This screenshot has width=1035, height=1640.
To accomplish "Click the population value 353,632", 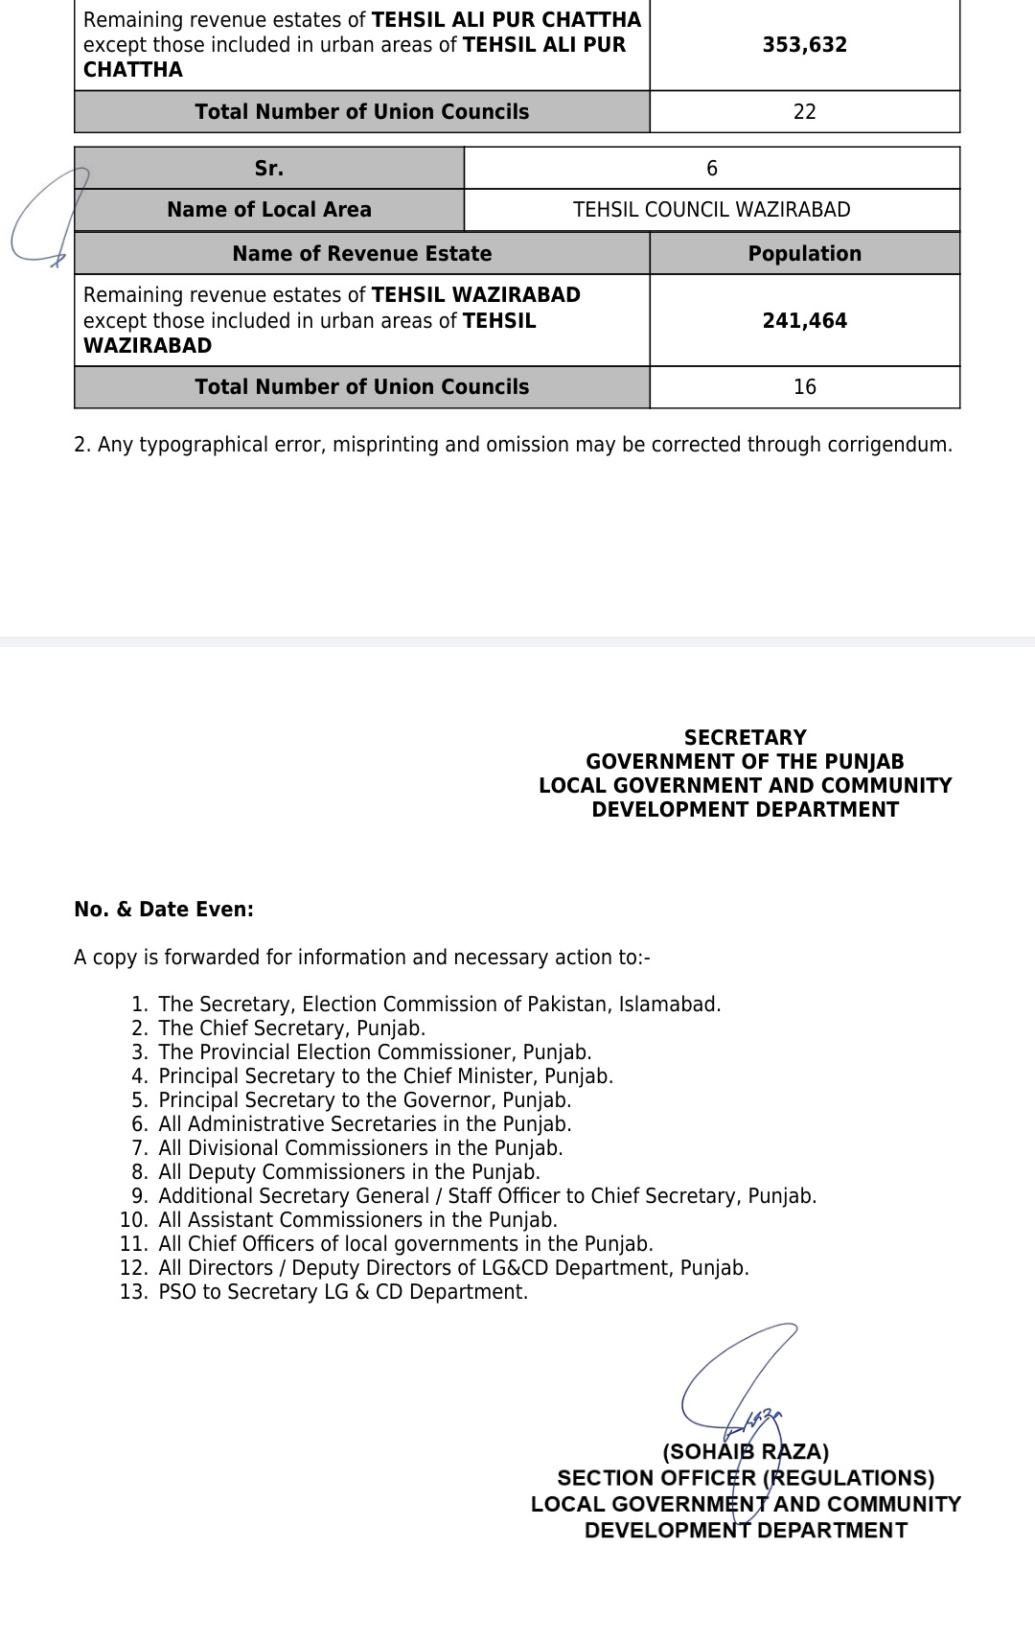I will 805,45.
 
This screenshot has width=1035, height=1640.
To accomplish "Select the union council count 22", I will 805,112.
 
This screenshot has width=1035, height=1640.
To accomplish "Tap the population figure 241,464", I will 805,321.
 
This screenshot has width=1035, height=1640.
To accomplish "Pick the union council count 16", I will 805,387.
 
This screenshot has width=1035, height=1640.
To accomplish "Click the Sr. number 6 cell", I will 711,169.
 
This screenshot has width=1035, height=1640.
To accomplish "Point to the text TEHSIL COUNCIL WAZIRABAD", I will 711,210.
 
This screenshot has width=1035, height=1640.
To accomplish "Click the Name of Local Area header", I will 269,210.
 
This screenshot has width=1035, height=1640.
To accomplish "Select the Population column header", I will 805,254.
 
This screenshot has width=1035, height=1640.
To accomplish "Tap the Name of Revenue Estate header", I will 362,254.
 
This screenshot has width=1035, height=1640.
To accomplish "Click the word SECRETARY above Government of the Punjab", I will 746,738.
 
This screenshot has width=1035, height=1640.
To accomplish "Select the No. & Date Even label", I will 164,910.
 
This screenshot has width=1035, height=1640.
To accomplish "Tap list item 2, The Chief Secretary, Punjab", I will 291,1028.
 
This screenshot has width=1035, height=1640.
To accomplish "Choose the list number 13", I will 133,1292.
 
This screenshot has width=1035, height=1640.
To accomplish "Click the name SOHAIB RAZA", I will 746,1452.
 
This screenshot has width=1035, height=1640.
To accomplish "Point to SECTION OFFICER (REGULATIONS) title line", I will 746,1479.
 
